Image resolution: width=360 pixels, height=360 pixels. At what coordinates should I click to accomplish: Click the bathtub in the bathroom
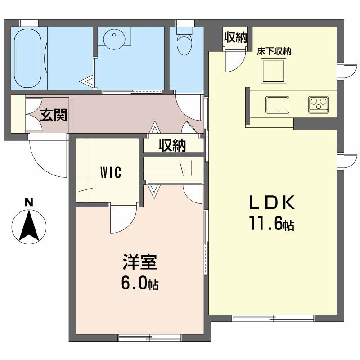pos(28,58)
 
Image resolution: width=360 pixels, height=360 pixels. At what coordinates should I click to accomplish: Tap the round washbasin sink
pos(114,38)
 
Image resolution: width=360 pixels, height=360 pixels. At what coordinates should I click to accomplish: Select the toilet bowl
pos(184,43)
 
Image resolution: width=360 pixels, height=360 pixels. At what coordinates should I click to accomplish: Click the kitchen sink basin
pos(277,105)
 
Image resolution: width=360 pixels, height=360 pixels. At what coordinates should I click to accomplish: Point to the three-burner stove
pos(319,105)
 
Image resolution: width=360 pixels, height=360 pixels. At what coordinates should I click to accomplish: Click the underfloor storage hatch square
pos(274,71)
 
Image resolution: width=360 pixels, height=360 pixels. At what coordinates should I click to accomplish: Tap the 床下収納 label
pos(274,51)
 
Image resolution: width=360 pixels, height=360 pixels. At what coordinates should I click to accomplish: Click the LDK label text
pos(272,202)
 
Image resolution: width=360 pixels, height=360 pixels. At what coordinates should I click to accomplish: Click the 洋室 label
pos(140,262)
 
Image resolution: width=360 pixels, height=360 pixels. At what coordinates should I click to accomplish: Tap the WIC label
pos(111,173)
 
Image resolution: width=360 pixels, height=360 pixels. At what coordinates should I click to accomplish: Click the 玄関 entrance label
pos(54,115)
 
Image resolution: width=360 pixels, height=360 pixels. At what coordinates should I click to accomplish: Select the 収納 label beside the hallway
pos(172,145)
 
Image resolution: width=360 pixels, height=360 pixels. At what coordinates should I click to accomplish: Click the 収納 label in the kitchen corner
pos(235,37)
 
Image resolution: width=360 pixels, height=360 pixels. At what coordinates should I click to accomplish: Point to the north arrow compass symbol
pos(29,227)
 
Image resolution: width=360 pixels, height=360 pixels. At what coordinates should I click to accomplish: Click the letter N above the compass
pos(29,203)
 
